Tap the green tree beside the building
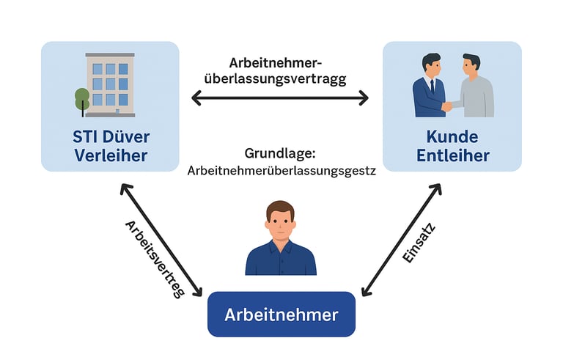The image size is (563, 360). click(x=82, y=98)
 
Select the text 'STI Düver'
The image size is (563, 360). click(x=110, y=137)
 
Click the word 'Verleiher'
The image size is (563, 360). click(x=110, y=155)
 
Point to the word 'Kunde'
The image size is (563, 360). click(x=452, y=137)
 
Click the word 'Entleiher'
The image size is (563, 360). click(x=452, y=155)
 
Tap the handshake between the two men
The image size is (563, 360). click(x=446, y=106)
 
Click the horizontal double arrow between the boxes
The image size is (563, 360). click(x=280, y=97)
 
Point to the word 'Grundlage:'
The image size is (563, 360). click(x=281, y=155)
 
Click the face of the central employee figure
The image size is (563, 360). click(x=281, y=222)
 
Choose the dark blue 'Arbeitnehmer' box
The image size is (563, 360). click(x=281, y=315)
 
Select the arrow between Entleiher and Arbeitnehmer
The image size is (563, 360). click(x=402, y=238)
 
